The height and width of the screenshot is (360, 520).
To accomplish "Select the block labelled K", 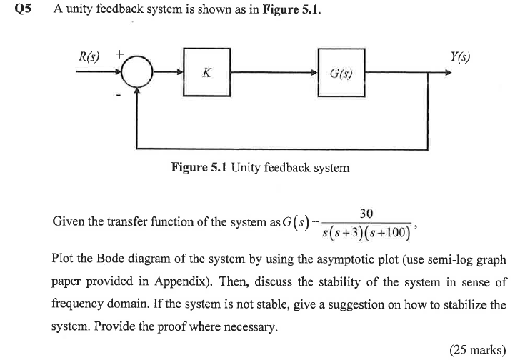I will click(x=206, y=72).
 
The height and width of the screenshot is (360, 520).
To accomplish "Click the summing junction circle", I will click(x=137, y=73).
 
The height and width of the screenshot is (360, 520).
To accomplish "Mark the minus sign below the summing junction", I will click(x=119, y=93).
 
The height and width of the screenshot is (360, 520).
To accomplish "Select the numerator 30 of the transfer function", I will click(x=366, y=214).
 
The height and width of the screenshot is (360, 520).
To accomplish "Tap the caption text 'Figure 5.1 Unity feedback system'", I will click(x=260, y=168).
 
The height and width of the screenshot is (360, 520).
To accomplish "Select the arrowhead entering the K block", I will click(x=179, y=73).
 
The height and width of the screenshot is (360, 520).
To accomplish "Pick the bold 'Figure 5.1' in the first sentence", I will click(x=296, y=11).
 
